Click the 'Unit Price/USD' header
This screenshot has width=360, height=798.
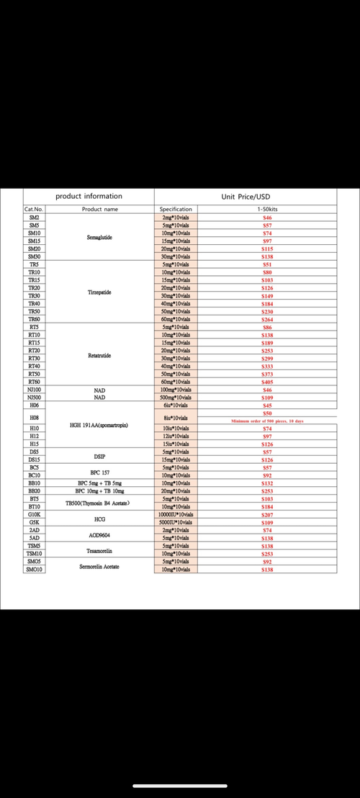246,196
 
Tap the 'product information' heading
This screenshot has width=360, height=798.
89,196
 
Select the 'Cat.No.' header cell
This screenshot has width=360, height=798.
35,209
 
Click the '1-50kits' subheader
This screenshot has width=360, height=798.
266,209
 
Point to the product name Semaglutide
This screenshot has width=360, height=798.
99,237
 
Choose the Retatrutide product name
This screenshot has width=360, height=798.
99,355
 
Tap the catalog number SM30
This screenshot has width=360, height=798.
35,256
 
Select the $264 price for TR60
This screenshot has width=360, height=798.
266,319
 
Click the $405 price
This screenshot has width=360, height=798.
266,382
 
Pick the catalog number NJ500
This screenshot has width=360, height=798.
35,398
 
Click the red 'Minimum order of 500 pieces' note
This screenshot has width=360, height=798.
267,421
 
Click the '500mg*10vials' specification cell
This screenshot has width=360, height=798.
176,398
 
